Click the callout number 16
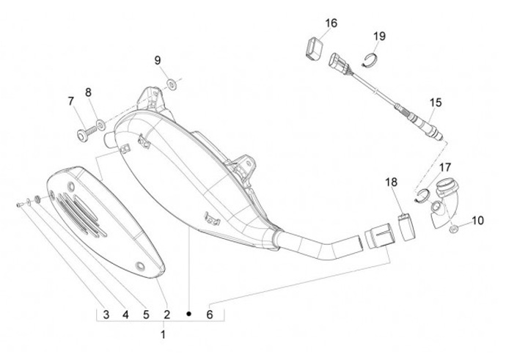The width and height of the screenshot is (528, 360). pos(331,23)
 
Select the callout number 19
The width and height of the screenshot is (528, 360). pos(378,36)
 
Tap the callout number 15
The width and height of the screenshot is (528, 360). pos(436,103)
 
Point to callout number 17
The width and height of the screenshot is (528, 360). pos(445,167)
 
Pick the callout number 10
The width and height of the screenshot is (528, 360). pos(477,220)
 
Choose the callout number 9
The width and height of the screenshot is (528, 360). pos(158,60)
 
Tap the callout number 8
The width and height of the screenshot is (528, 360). pos(89,92)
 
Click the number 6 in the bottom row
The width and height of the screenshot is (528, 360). pos(210,315)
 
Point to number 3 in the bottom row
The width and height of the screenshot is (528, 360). pos(106,315)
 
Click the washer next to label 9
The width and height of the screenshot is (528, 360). pos(171,84)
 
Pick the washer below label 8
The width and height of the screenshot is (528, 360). pos(100,117)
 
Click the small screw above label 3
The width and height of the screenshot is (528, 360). pos(18,205)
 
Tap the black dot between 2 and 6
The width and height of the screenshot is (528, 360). pos(188,315)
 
